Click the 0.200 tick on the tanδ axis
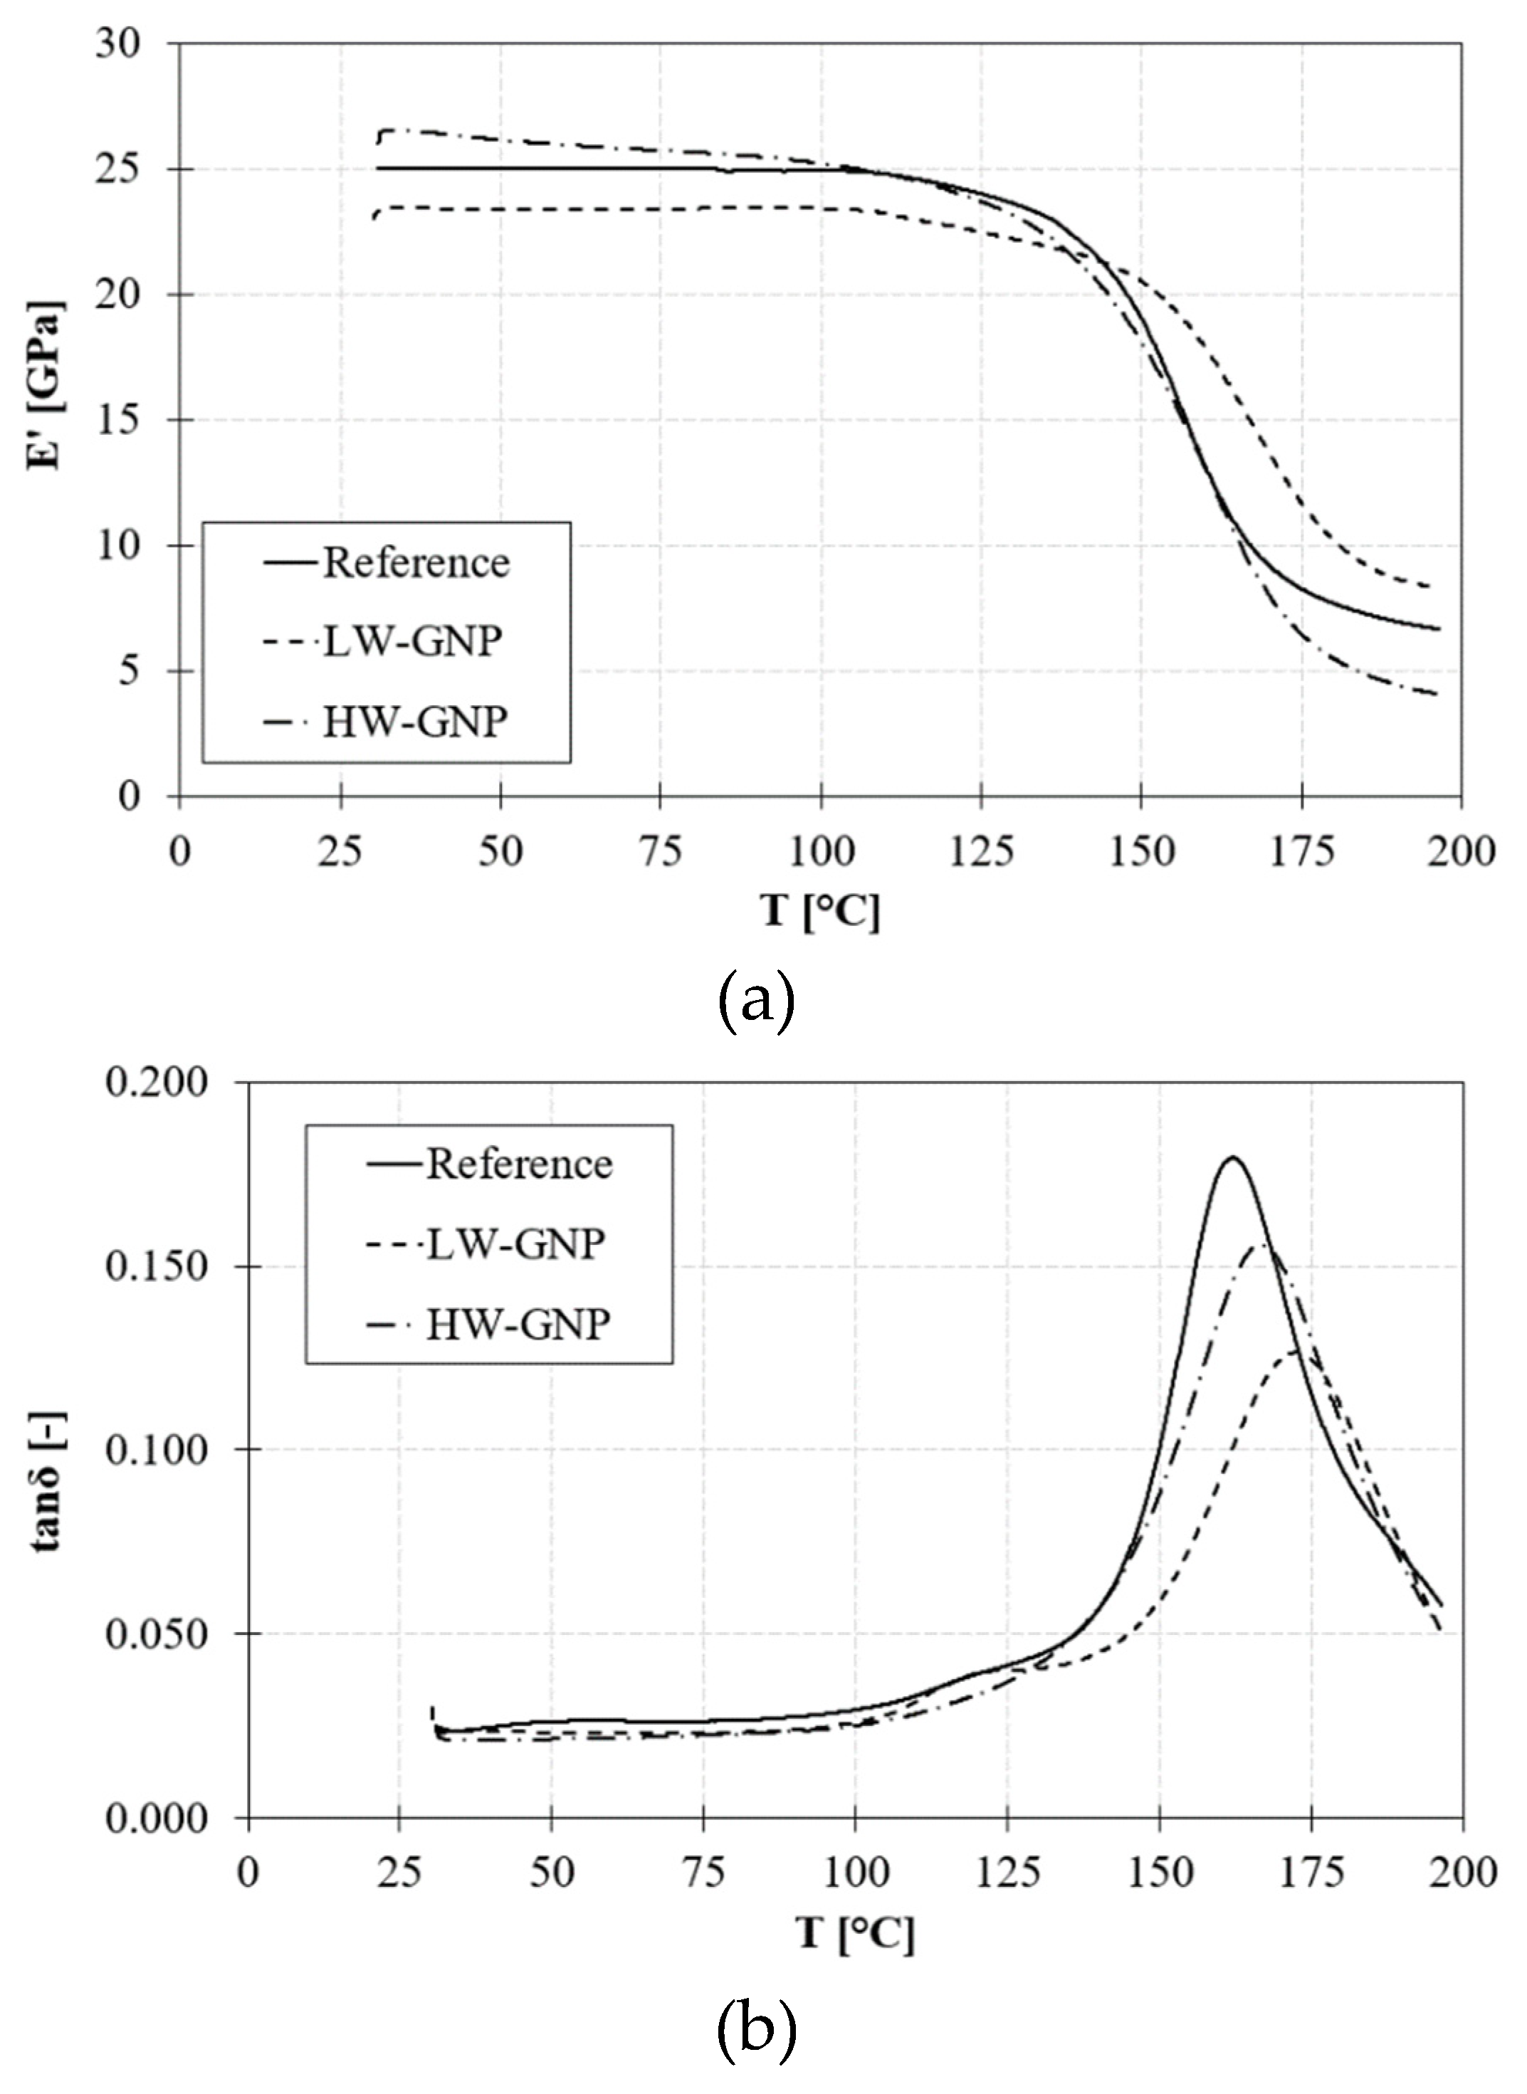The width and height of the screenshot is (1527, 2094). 155,1083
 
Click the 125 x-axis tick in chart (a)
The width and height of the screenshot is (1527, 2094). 981,851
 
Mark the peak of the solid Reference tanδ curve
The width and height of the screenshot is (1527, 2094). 1232,1157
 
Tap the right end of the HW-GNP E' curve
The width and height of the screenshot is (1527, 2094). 1437,694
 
